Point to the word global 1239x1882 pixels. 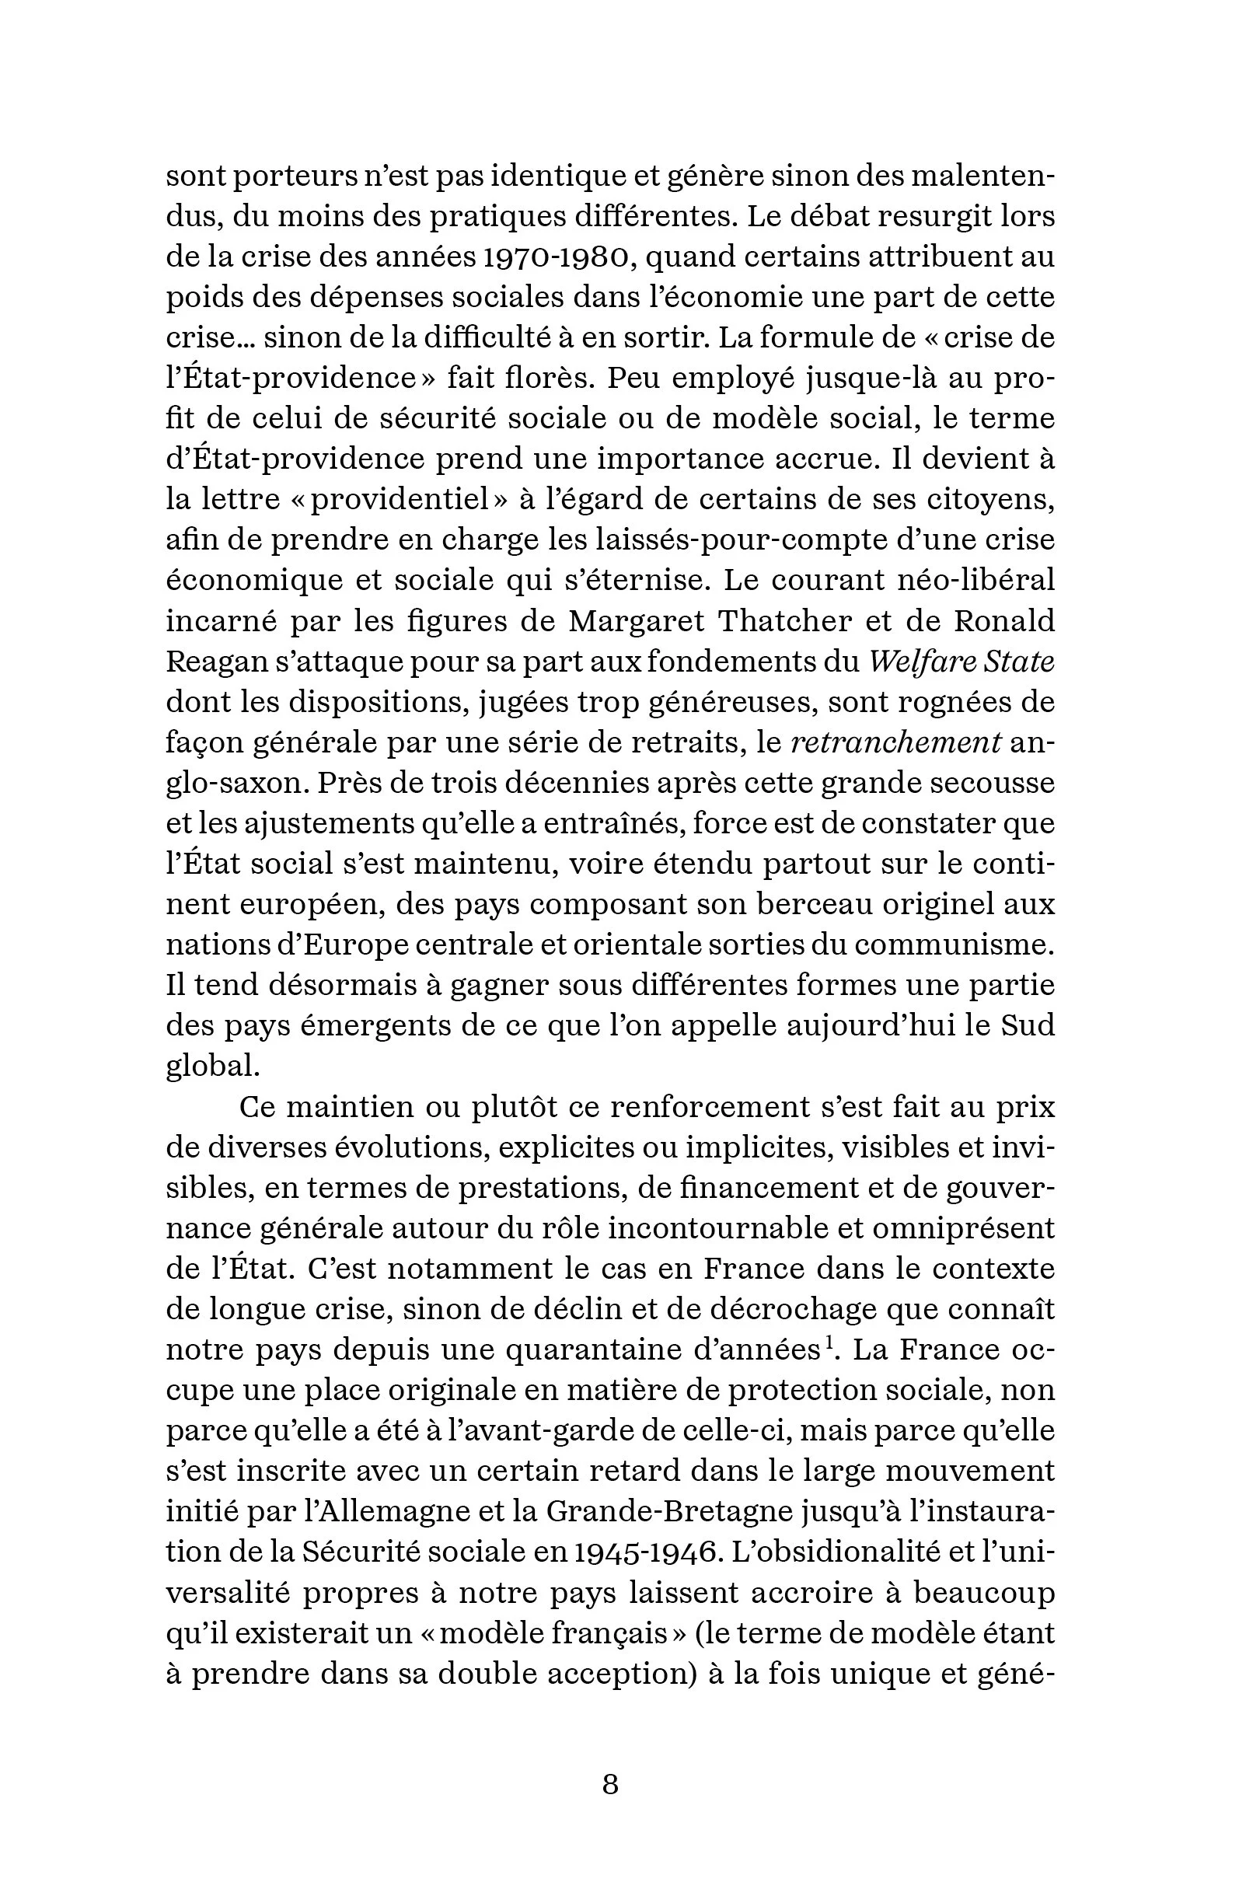(x=212, y=1066)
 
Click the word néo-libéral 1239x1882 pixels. (x=975, y=580)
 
